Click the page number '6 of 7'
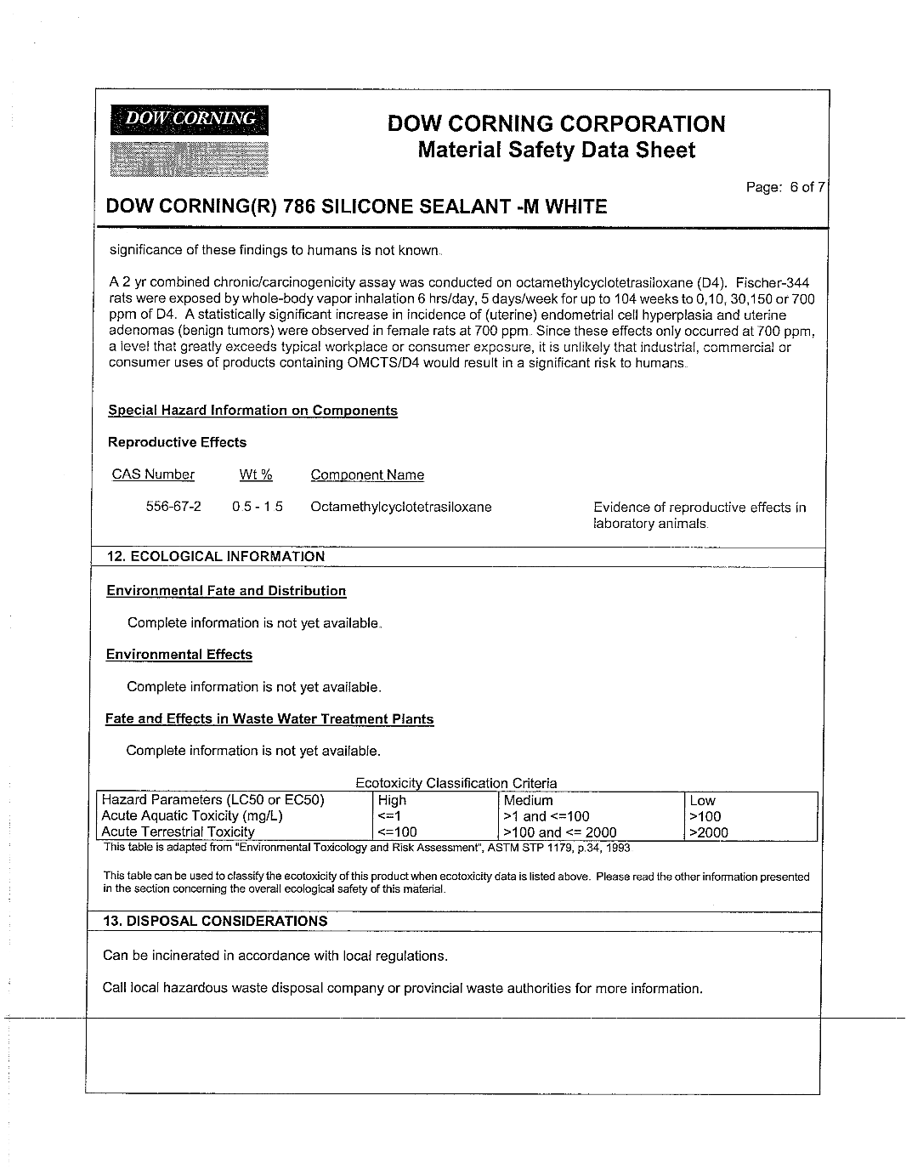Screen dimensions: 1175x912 [x=807, y=187]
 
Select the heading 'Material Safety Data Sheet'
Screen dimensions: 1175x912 [x=557, y=150]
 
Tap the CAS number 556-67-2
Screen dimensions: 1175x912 [x=173, y=507]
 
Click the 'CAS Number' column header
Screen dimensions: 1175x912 [x=153, y=474]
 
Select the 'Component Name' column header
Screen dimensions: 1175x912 [x=367, y=475]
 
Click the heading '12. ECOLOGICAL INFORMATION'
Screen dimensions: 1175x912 [x=216, y=556]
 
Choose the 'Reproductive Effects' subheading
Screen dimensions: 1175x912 [x=177, y=442]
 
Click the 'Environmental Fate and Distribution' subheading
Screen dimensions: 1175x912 [x=226, y=591]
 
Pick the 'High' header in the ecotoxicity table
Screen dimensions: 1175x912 [x=392, y=800]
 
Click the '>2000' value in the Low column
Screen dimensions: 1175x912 [x=709, y=832]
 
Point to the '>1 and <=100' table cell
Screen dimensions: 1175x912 [x=547, y=816]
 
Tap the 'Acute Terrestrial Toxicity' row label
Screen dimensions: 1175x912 [x=178, y=832]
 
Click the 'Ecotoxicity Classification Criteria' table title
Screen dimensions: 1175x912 [x=456, y=783]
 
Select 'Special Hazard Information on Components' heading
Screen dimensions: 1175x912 [x=252, y=411]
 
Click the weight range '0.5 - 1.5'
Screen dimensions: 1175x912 [x=258, y=507]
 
